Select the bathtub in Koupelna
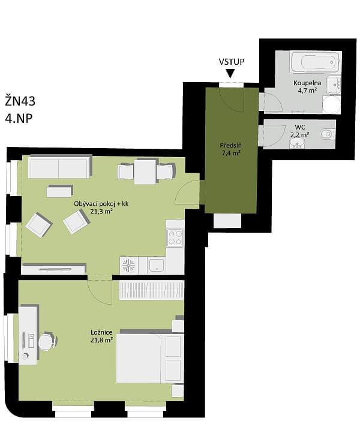click(x=314, y=62)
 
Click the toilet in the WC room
click(x=326, y=134)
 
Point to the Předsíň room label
click(x=230, y=145)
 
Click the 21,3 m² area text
click(x=101, y=211)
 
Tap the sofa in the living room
click(x=59, y=168)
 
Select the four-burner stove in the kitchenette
click(x=175, y=237)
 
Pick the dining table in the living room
click(x=146, y=172)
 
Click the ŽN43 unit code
click(x=20, y=100)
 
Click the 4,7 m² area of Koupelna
click(x=307, y=91)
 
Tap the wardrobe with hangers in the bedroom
click(x=151, y=291)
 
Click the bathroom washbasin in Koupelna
click(x=334, y=85)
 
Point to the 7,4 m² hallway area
click(x=230, y=154)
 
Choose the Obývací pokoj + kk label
click(x=101, y=203)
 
